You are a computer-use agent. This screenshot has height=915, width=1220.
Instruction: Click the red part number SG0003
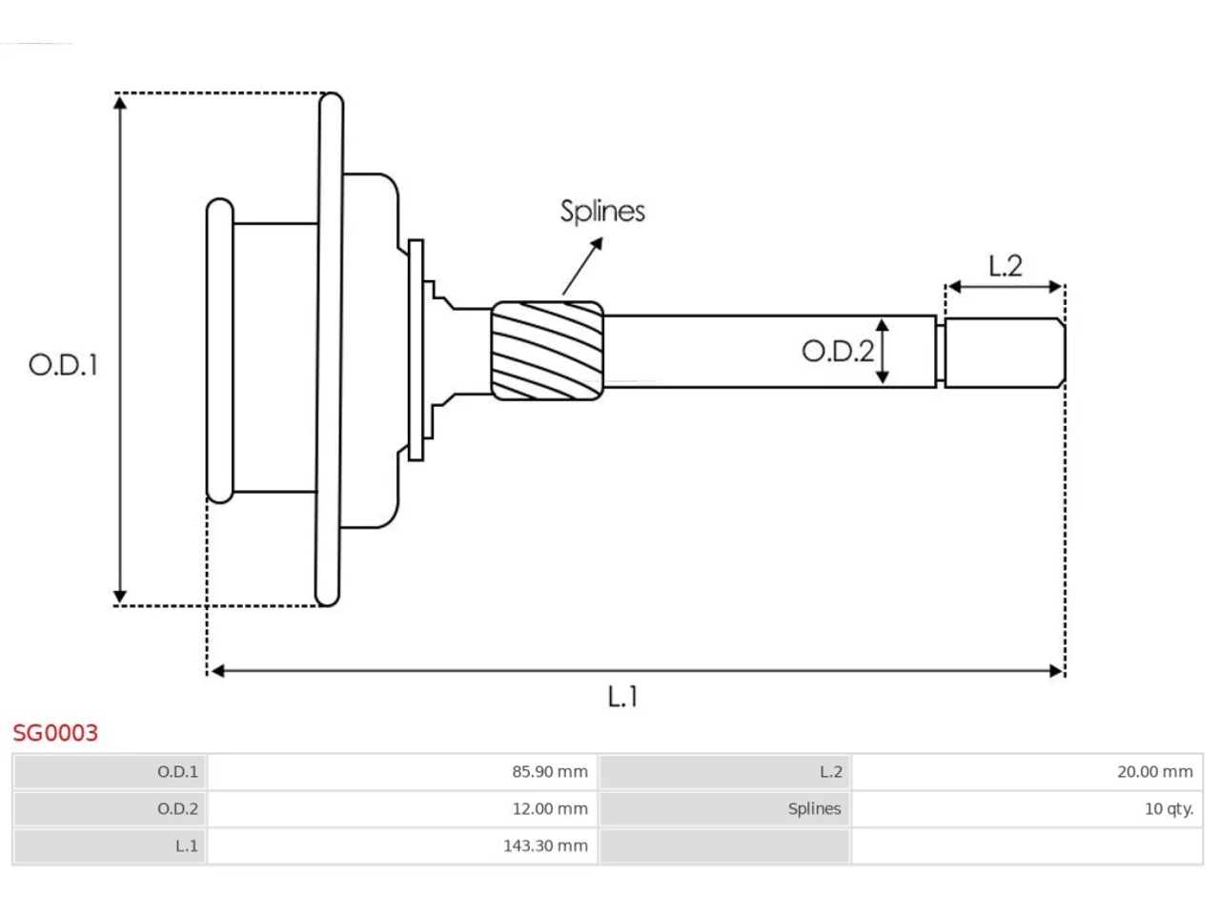[55, 733]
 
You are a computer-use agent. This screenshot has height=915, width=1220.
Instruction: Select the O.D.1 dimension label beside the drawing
[63, 365]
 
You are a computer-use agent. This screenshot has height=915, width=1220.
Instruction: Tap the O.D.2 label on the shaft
[838, 351]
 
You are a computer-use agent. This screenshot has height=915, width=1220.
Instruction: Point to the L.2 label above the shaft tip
[1005, 266]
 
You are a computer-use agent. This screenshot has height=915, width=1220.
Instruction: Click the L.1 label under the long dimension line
[622, 696]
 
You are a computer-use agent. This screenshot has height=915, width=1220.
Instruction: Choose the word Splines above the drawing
[602, 211]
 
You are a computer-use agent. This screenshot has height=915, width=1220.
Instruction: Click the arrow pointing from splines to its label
[582, 266]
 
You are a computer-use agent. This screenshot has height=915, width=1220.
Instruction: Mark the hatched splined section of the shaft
[547, 351]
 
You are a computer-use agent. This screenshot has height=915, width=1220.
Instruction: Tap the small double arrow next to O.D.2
[882, 351]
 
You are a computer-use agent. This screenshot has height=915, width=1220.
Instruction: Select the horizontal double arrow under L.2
[1005, 287]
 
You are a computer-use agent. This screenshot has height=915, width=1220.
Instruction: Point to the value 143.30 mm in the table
[545, 845]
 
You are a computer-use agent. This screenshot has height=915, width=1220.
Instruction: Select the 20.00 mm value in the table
[1155, 772]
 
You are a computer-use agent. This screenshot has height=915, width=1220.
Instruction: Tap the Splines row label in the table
[814, 809]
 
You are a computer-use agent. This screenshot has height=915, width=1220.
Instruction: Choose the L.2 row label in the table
[831, 772]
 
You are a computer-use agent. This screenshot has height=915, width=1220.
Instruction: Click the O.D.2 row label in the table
[177, 809]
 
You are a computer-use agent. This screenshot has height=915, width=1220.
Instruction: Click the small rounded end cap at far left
[220, 351]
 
